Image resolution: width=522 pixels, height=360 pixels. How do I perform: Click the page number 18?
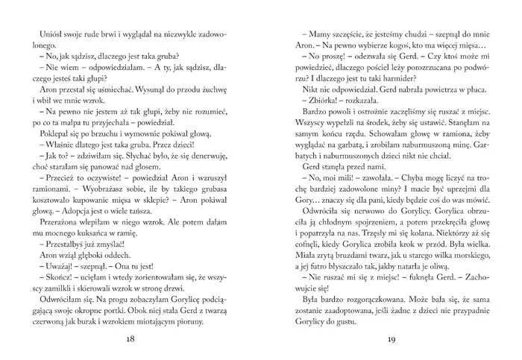pos(130,340)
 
